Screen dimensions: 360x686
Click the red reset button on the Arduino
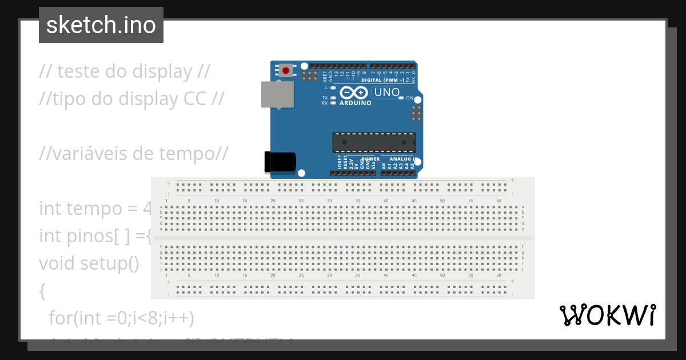click(x=285, y=70)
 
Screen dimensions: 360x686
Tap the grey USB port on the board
click(x=277, y=94)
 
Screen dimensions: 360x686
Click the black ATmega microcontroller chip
click(x=374, y=142)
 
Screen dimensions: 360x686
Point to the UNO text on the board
click(x=387, y=92)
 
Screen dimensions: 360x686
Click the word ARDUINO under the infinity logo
click(x=355, y=103)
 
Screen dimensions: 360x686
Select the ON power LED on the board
click(x=401, y=98)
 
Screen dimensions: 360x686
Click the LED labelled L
click(x=333, y=88)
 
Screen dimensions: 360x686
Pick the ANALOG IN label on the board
click(x=403, y=159)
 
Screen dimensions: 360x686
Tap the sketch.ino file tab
click(x=101, y=25)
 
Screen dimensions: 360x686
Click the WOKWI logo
click(x=607, y=315)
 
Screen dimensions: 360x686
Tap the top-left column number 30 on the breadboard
click(x=329, y=201)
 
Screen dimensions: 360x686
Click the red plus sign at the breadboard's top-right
click(x=512, y=181)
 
